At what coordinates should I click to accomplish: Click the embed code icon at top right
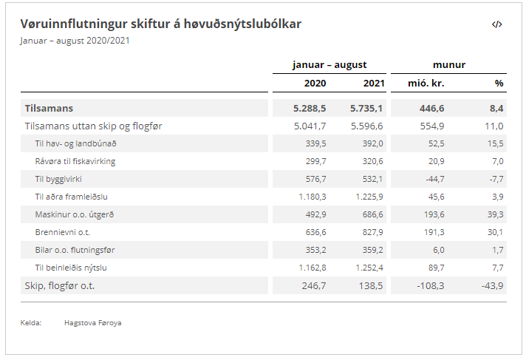point(497,24)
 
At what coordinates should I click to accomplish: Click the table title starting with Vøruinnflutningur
point(160,24)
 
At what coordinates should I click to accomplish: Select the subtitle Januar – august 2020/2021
point(75,40)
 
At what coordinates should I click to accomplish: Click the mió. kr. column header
point(426,83)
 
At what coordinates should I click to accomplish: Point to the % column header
point(499,83)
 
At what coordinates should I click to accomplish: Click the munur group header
point(449,64)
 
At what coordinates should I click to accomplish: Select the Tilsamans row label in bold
point(49,108)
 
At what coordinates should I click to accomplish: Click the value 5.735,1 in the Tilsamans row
point(367,108)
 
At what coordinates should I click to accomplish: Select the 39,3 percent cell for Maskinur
point(494,214)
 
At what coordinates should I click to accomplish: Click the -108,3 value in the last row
point(428,285)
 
